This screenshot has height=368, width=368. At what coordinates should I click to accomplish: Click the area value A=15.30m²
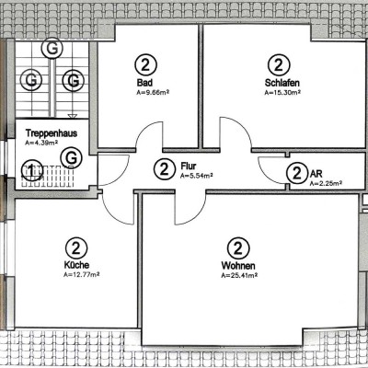point(282,92)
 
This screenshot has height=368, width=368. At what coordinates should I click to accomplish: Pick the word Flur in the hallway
point(190,166)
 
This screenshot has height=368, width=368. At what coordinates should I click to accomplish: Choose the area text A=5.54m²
point(197,175)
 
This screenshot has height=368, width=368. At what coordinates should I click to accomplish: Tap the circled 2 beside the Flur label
point(164,169)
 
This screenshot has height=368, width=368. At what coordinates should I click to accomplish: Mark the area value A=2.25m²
point(326,183)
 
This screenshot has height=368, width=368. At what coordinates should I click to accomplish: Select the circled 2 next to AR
point(296,173)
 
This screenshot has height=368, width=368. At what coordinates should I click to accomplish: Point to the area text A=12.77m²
point(82,274)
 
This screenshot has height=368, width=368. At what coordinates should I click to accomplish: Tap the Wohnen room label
point(237,265)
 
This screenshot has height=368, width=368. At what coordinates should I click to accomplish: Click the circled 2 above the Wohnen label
point(237,247)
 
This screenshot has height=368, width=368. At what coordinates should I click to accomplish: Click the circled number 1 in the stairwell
point(33,169)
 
